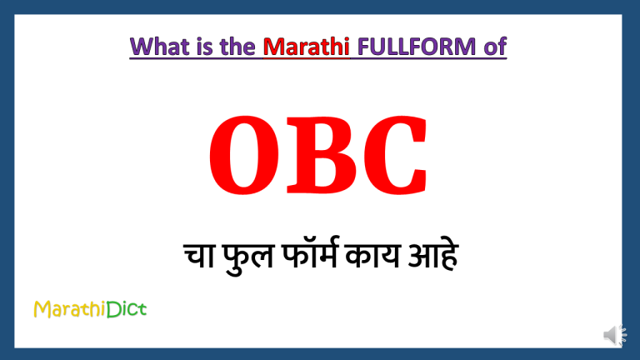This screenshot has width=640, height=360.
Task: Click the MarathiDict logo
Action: coord(90,310)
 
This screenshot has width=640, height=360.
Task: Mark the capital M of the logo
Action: coord(42,310)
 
